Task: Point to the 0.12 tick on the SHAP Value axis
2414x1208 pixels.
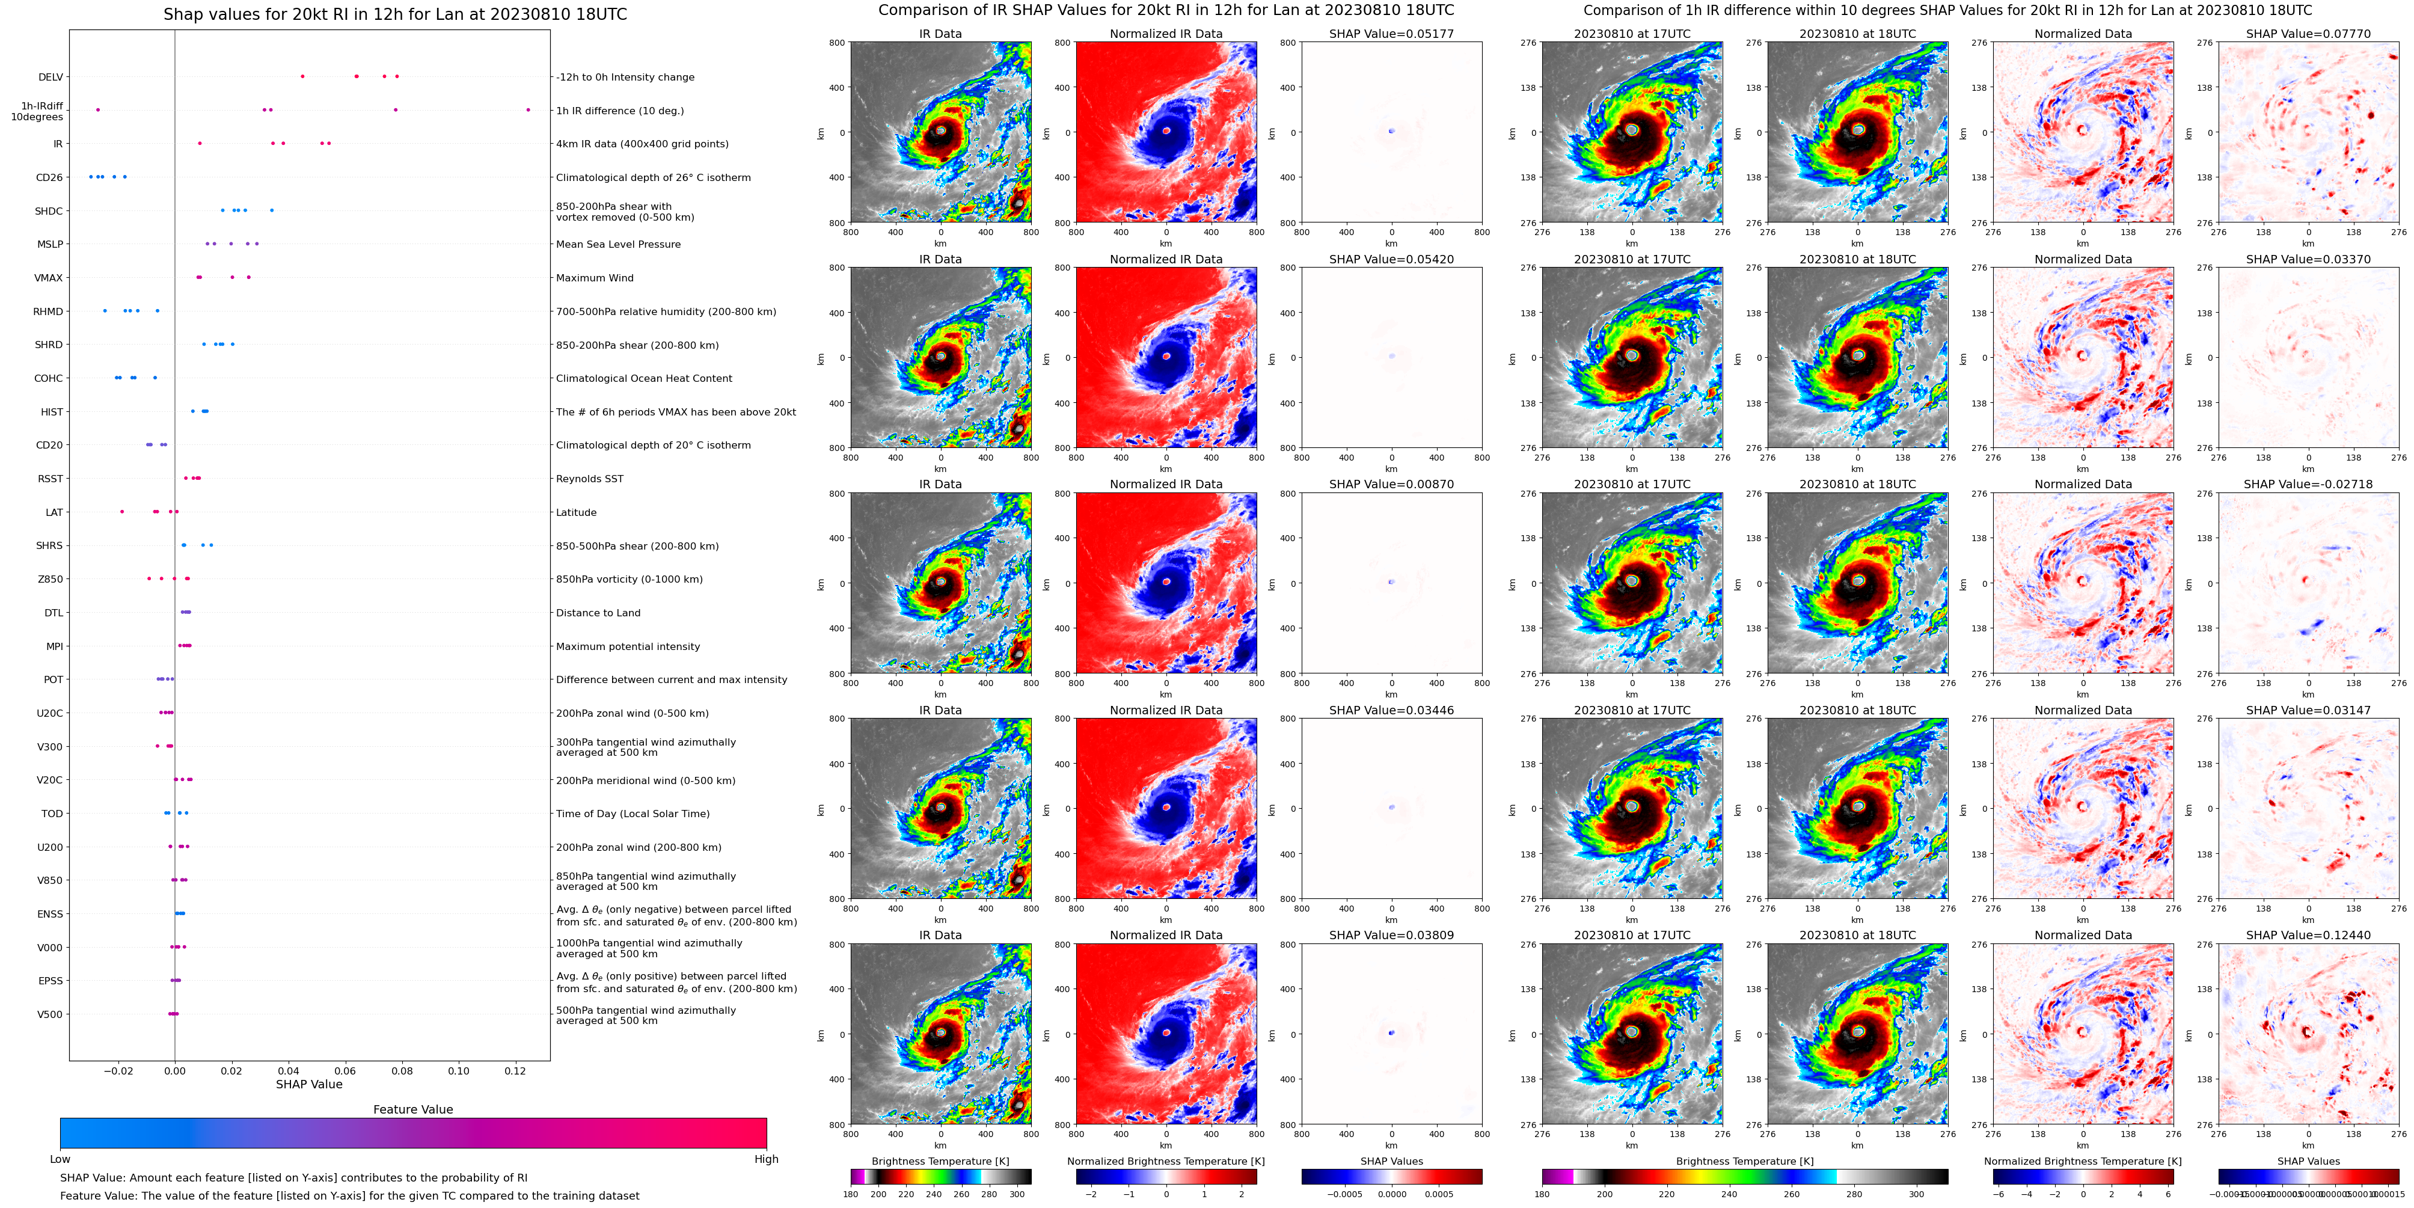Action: (x=515, y=1070)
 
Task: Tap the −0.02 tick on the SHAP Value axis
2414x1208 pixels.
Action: (x=117, y=1070)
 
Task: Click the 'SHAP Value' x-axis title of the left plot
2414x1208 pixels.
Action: (x=308, y=1084)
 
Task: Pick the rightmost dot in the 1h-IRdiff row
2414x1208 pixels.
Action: (x=528, y=109)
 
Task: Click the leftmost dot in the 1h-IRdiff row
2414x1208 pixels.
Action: (x=97, y=109)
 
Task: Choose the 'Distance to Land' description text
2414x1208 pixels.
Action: (x=598, y=613)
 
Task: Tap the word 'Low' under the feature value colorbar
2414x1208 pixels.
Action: (x=60, y=1159)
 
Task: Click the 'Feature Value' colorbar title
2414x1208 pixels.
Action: (x=412, y=1109)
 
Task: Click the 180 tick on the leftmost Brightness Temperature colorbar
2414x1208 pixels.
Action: (x=851, y=1194)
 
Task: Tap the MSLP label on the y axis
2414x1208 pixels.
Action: (x=50, y=245)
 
